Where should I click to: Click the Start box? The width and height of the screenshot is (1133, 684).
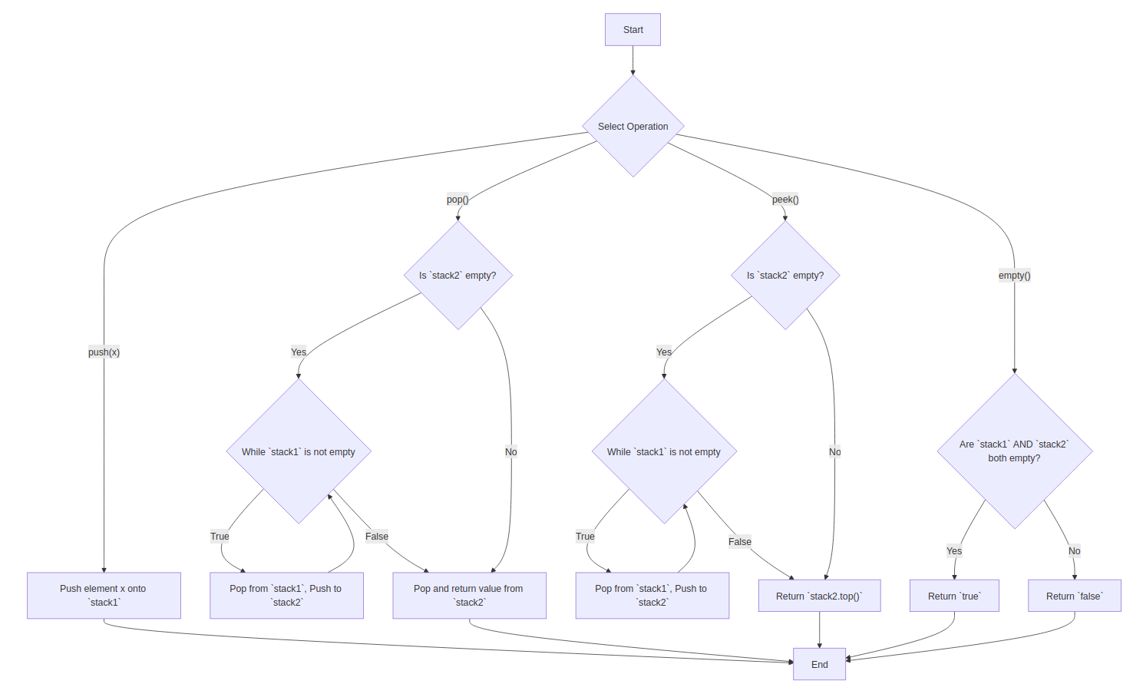(x=633, y=30)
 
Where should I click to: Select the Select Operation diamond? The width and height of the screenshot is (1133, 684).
(x=633, y=127)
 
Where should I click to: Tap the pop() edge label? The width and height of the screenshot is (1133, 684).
(x=457, y=200)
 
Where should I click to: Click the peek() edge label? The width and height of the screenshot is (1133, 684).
(x=785, y=200)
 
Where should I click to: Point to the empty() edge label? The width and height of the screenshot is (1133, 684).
(x=1014, y=276)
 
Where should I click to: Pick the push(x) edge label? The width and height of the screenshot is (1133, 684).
(x=104, y=352)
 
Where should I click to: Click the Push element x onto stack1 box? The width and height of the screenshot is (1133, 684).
(x=104, y=596)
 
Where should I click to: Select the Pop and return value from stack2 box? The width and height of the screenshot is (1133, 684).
(x=469, y=596)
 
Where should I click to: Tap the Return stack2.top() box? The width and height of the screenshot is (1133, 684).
(x=819, y=596)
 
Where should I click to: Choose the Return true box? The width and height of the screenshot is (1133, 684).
(x=954, y=596)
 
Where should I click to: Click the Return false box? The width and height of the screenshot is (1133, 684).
(x=1074, y=596)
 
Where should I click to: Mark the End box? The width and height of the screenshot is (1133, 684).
(x=819, y=664)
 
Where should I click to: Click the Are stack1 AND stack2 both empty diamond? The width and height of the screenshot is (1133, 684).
(x=1014, y=451)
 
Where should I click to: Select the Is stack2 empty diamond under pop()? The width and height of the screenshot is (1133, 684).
(x=457, y=276)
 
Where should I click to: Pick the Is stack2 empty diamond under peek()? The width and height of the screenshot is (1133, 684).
(x=785, y=276)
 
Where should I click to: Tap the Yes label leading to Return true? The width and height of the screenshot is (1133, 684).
(x=954, y=551)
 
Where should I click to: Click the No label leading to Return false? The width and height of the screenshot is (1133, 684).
(x=1074, y=551)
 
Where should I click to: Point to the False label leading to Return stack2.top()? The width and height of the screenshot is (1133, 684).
(x=740, y=542)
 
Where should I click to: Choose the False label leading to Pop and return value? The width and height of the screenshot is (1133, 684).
(x=376, y=537)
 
